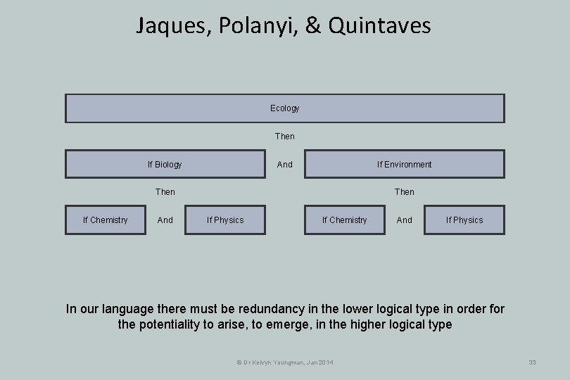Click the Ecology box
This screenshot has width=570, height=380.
[x=284, y=108]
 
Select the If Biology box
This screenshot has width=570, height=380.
[x=165, y=164]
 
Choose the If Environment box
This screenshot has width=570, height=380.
[x=404, y=164]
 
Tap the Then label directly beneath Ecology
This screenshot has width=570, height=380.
[x=284, y=136]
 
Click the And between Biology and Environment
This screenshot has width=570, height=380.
[x=284, y=164]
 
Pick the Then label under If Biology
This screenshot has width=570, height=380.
[x=165, y=191]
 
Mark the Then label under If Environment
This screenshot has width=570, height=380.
[x=404, y=191]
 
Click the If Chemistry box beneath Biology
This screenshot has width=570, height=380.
[x=106, y=220]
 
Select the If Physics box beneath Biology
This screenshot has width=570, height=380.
[x=225, y=220]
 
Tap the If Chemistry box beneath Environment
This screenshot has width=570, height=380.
[x=345, y=220]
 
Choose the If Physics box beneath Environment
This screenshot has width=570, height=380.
[x=464, y=220]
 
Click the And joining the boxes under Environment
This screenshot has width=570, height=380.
[x=404, y=220]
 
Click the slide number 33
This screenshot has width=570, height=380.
[x=532, y=362]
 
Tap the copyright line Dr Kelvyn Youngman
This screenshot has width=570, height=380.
[x=285, y=362]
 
